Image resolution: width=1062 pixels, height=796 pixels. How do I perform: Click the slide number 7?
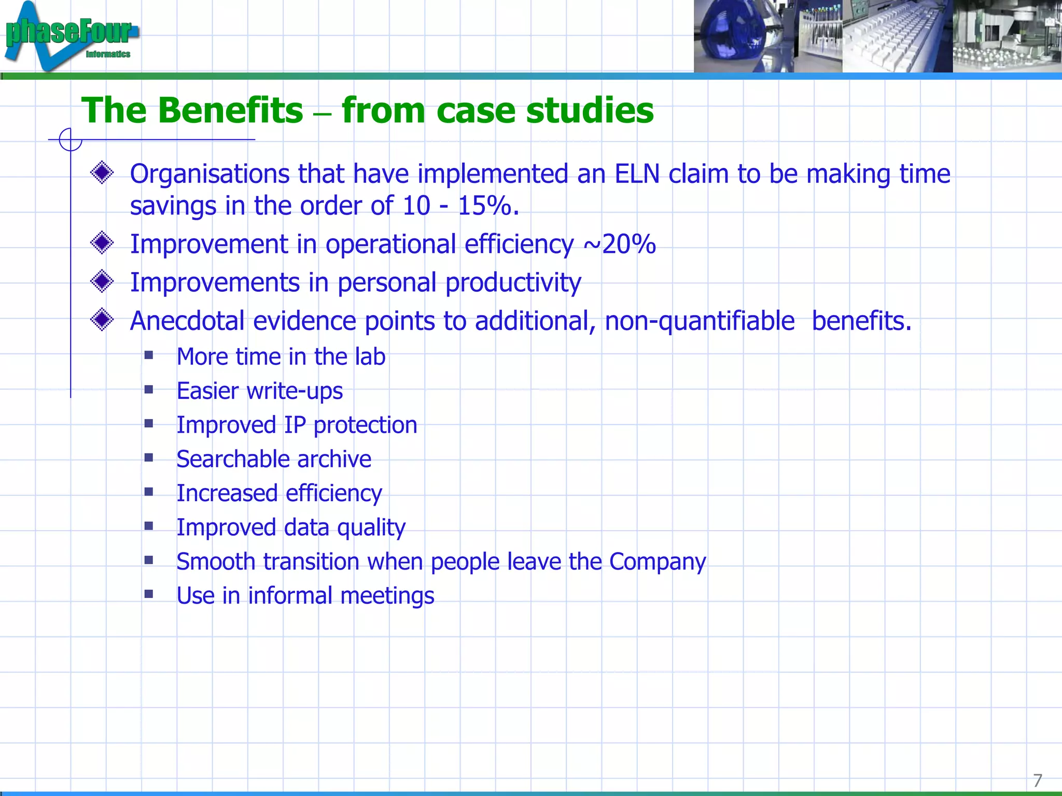pos(1037,780)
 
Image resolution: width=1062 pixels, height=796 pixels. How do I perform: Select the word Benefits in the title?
pos(230,110)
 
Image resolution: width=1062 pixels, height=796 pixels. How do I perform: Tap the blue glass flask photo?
pos(731,36)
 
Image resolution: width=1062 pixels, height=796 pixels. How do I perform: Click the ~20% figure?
pos(620,244)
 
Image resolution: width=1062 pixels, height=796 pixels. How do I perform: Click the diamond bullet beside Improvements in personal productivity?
pos(102,281)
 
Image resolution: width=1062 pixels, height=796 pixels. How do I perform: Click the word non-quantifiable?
pos(700,321)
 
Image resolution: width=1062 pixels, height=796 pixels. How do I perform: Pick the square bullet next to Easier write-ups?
pos(149,390)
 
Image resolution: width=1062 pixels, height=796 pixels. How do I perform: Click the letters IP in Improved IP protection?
pos(295,425)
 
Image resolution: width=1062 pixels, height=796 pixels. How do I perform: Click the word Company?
pos(657,562)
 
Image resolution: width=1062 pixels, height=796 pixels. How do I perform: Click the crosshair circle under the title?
pos(71,139)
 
